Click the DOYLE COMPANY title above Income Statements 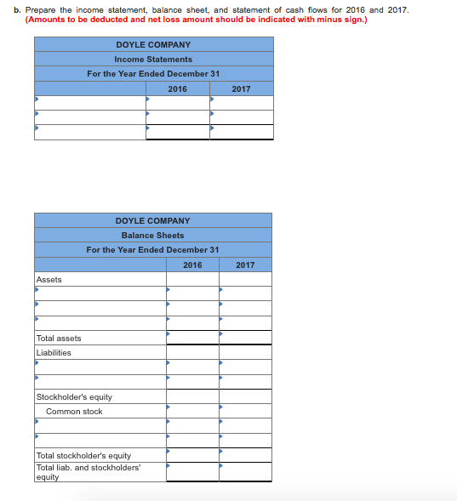point(153,44)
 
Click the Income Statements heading point(153,59)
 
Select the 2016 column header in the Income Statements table point(177,88)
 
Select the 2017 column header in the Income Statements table point(241,88)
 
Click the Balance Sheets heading point(152,235)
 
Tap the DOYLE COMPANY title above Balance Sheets point(152,220)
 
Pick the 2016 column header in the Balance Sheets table point(192,265)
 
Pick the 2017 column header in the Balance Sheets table point(245,265)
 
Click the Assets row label point(49,279)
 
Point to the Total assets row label point(59,338)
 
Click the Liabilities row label point(54,352)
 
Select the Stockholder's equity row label point(74,396)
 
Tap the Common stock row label point(74,411)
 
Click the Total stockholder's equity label point(83,455)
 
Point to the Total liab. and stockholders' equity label point(88,472)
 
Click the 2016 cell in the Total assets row point(192,338)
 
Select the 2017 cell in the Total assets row point(245,338)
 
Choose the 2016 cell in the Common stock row point(192,411)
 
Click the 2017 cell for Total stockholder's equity point(245,455)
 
